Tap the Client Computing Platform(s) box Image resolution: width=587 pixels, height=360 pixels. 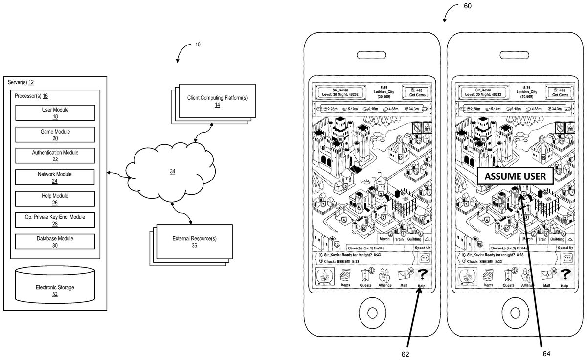217,101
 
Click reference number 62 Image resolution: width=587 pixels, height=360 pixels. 406,353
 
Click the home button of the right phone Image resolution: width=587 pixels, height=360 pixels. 515,310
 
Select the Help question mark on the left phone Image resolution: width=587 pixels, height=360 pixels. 421,275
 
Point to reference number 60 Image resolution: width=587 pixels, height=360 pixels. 467,6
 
